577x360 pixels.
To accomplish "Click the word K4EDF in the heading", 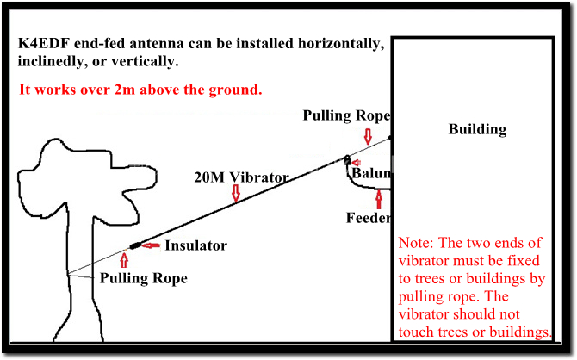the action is point(44,43).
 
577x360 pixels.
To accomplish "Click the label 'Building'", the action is point(477,129).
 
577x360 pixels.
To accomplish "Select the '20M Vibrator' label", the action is point(241,177).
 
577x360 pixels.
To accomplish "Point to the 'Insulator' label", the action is point(195,245).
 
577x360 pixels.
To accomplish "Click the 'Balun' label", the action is point(371,172).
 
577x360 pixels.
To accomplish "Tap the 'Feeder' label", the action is point(368,218).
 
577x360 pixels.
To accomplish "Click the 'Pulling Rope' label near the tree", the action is point(144,278).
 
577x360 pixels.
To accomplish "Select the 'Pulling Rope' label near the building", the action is point(346,115).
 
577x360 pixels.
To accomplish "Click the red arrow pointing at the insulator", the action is point(151,245).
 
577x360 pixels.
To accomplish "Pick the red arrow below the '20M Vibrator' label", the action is point(236,193).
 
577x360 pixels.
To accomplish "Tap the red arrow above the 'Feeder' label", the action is point(379,200).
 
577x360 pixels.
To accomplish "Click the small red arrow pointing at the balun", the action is point(357,162).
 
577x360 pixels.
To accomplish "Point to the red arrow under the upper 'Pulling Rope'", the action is point(368,136).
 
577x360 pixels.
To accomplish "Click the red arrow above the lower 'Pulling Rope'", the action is point(124,260).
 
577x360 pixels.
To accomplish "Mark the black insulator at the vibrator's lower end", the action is point(135,245).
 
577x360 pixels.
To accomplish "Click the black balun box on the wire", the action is point(347,160).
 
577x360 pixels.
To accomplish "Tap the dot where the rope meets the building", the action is point(390,138).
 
